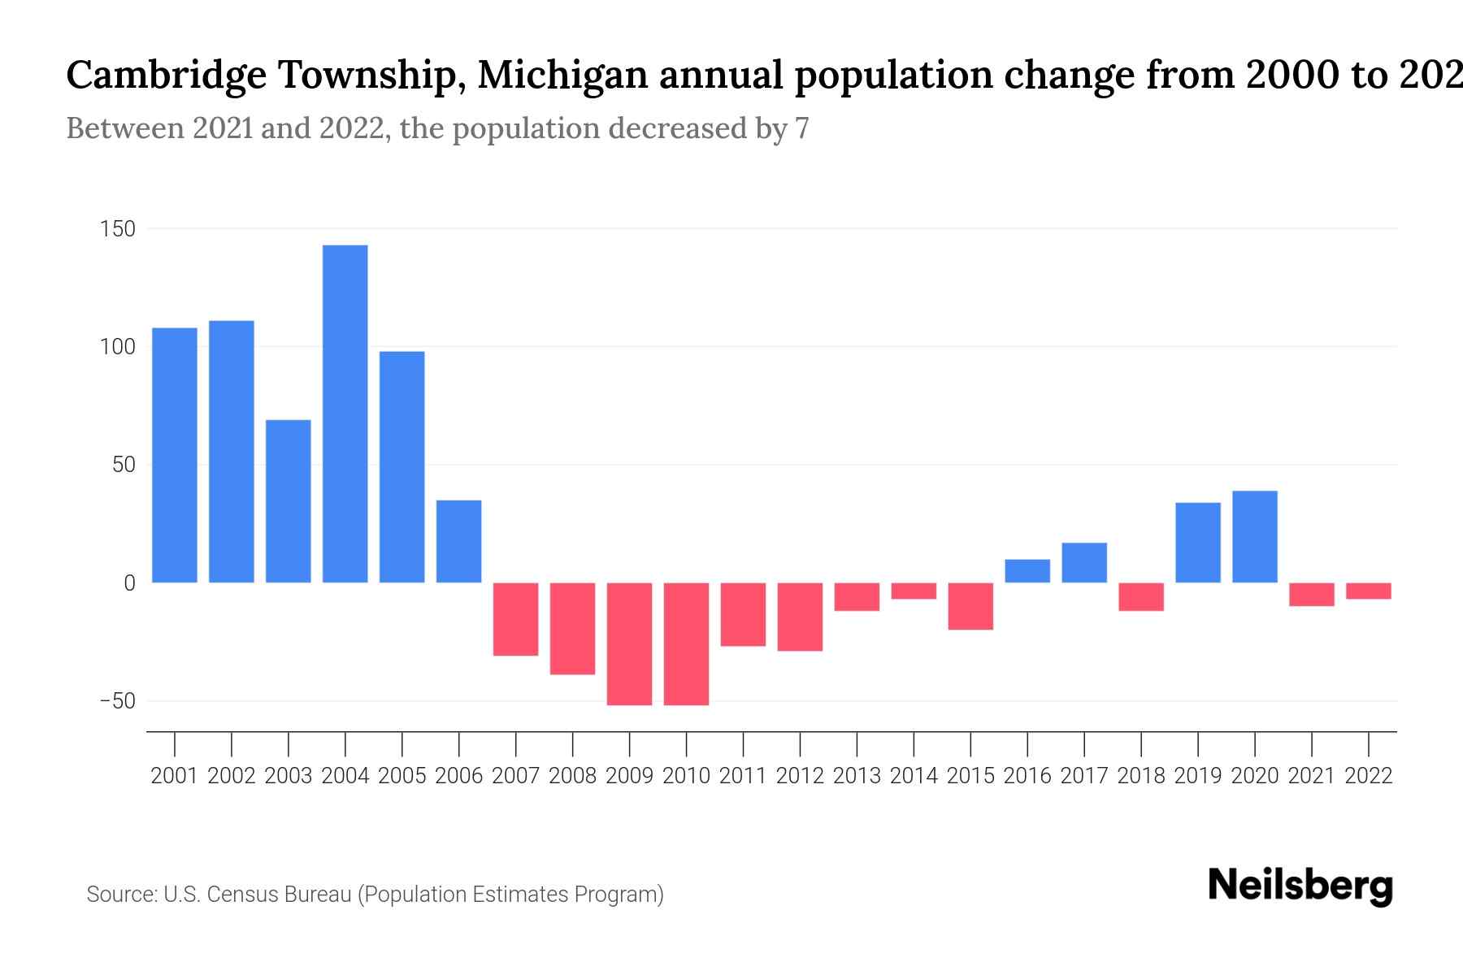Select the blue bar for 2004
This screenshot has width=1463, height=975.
[x=345, y=414]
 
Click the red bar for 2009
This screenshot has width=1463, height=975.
[x=629, y=643]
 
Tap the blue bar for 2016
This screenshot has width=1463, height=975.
[x=1027, y=571]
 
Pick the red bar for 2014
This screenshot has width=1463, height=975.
[x=914, y=591]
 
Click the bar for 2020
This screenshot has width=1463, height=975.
[x=1254, y=537]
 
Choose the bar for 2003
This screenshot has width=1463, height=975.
[x=288, y=501]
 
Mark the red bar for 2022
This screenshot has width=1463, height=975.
[x=1368, y=591]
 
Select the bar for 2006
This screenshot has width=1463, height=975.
[x=458, y=541]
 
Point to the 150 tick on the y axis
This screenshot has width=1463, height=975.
[x=117, y=229]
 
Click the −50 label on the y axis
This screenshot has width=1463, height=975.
[x=117, y=701]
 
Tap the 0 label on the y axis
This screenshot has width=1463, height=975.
[x=129, y=583]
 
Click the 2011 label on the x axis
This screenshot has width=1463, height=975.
[x=743, y=776]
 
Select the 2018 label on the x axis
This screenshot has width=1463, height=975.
[x=1140, y=776]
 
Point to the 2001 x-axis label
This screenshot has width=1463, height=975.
[x=175, y=776]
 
